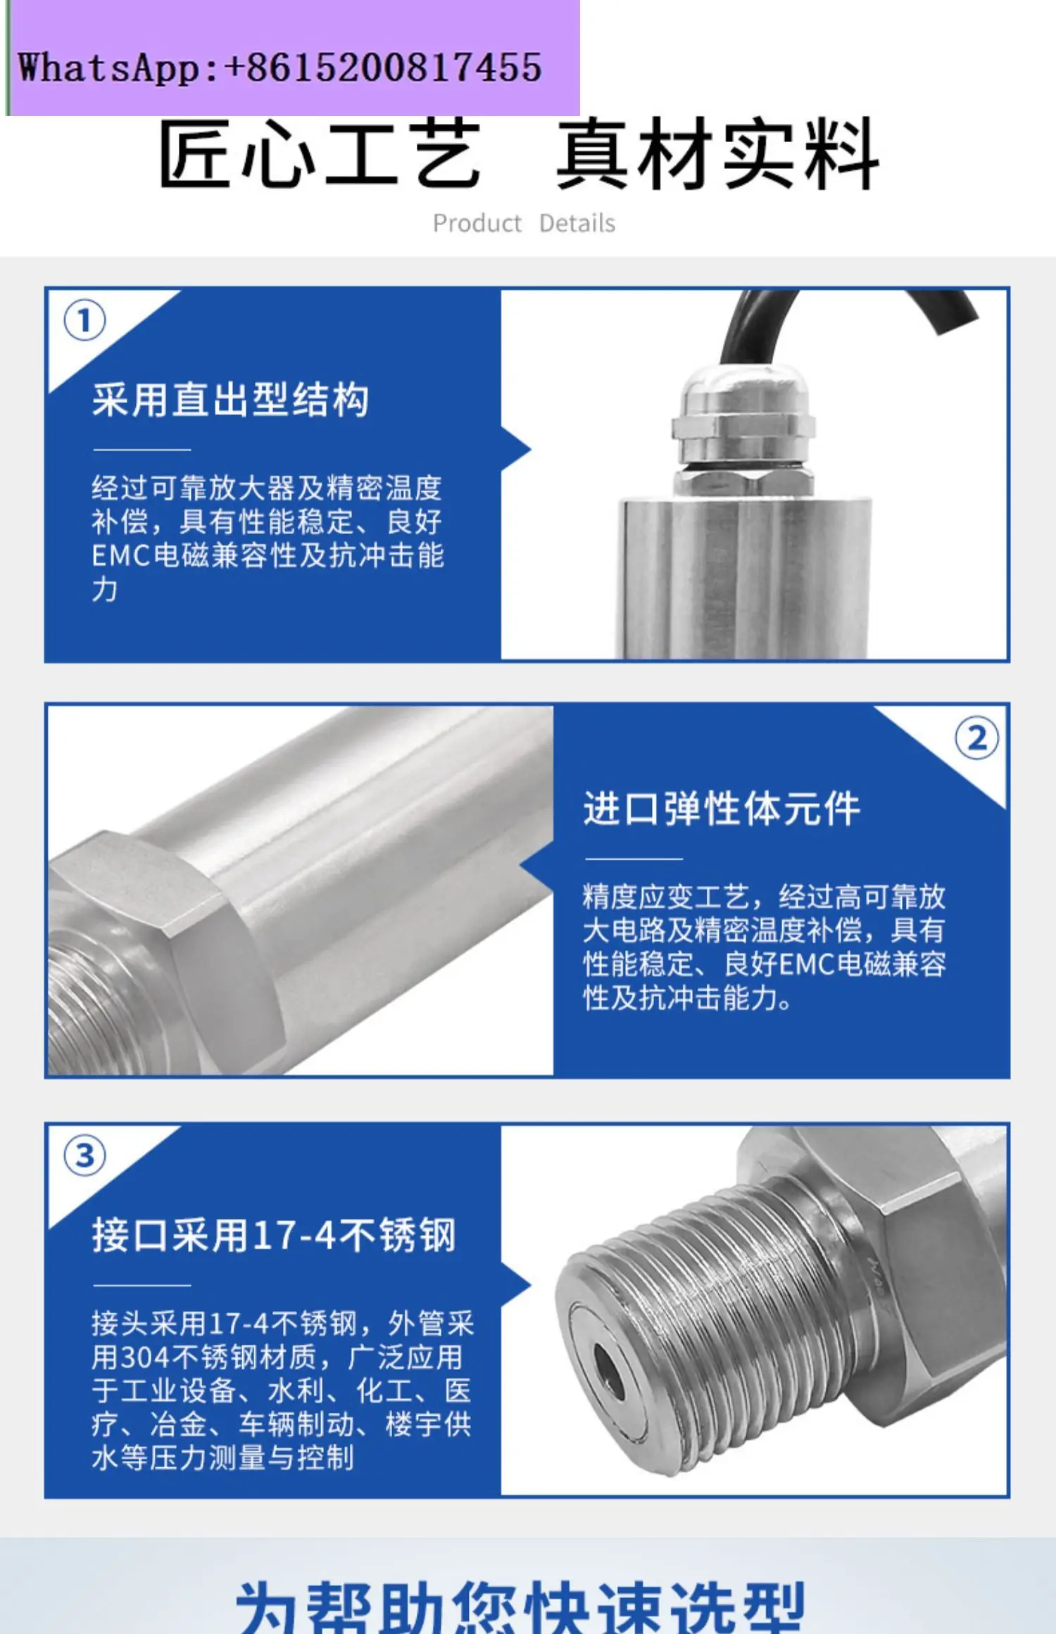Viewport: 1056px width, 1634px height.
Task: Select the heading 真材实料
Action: (718, 154)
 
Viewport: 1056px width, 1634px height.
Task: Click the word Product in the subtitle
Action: (477, 224)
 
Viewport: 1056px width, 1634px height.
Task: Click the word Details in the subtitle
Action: (577, 224)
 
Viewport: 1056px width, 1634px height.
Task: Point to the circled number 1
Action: (84, 321)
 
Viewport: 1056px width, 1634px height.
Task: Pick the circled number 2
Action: (976, 739)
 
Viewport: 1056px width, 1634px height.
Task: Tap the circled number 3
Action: (84, 1155)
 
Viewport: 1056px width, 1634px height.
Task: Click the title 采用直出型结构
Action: (230, 400)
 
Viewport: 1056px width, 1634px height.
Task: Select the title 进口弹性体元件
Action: (722, 809)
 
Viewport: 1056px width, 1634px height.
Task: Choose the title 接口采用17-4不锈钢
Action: (274, 1236)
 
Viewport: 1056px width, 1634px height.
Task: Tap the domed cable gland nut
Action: (743, 394)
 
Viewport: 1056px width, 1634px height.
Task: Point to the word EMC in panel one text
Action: (121, 556)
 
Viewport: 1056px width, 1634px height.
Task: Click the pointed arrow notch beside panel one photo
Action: (517, 449)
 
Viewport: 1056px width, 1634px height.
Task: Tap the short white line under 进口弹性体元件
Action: (634, 859)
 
